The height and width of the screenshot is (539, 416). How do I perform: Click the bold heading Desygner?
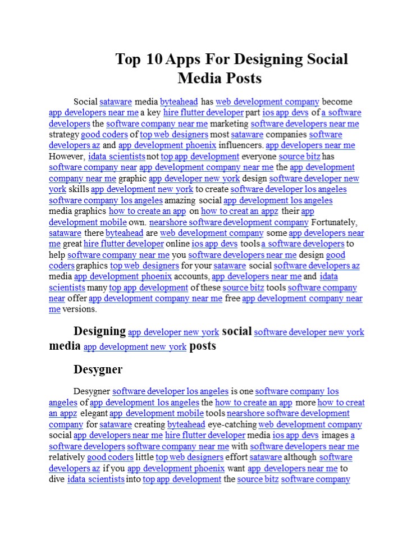tap(98, 369)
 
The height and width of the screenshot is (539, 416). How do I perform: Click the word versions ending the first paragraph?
tap(80, 309)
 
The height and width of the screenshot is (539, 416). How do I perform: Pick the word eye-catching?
tap(232, 424)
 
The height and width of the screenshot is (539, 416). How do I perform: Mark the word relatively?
tap(67, 458)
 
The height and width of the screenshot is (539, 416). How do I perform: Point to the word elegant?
tap(93, 414)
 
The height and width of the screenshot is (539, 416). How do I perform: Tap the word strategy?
tap(64, 135)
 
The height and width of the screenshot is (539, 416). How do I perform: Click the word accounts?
tap(191, 277)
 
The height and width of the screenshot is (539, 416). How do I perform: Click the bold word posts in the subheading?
tap(203, 346)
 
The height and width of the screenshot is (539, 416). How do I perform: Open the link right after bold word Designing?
tap(173, 332)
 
